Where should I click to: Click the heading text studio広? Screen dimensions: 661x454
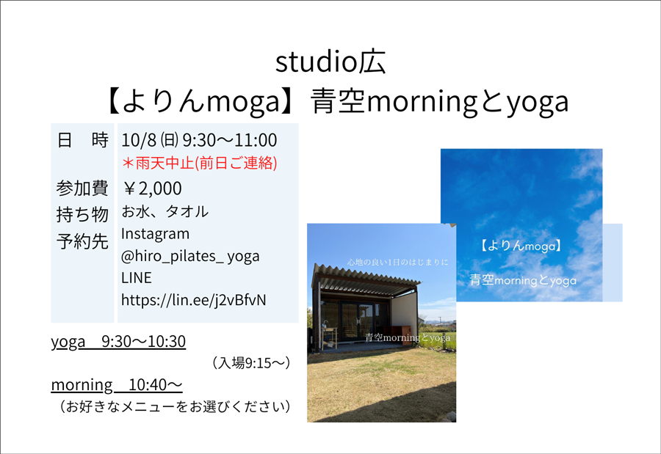pyautogui.click(x=330, y=62)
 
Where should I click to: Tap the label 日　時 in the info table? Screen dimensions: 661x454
pyautogui.click(x=82, y=140)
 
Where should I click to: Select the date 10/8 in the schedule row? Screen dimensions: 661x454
pyautogui.click(x=139, y=140)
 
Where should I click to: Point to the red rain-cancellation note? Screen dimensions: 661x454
pyautogui.click(x=199, y=163)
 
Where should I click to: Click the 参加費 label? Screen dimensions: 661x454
pyautogui.click(x=82, y=188)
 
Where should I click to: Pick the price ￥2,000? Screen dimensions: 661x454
pyautogui.click(x=152, y=188)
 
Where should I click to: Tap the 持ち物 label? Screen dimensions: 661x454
pyautogui.click(x=82, y=214)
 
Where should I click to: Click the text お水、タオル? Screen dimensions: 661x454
pyautogui.click(x=165, y=211)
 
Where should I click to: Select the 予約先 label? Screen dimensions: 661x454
pyautogui.click(x=82, y=241)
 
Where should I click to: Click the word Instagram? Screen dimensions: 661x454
pyautogui.click(x=155, y=234)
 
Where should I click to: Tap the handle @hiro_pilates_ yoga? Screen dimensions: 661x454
pyautogui.click(x=190, y=257)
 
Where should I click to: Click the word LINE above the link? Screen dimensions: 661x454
pyautogui.click(x=136, y=278)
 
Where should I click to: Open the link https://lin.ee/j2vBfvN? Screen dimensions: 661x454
pyautogui.click(x=193, y=300)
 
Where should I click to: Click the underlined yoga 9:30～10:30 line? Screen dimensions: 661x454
pyautogui.click(x=118, y=342)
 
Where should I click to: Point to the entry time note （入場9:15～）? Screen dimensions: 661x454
pyautogui.click(x=252, y=362)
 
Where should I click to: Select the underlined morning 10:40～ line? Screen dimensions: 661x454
pyautogui.click(x=117, y=385)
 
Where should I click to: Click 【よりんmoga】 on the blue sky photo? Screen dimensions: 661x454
pyautogui.click(x=521, y=246)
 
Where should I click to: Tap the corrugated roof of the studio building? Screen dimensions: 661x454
pyautogui.click(x=366, y=279)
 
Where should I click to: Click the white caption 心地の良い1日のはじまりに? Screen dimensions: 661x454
pyautogui.click(x=397, y=263)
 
